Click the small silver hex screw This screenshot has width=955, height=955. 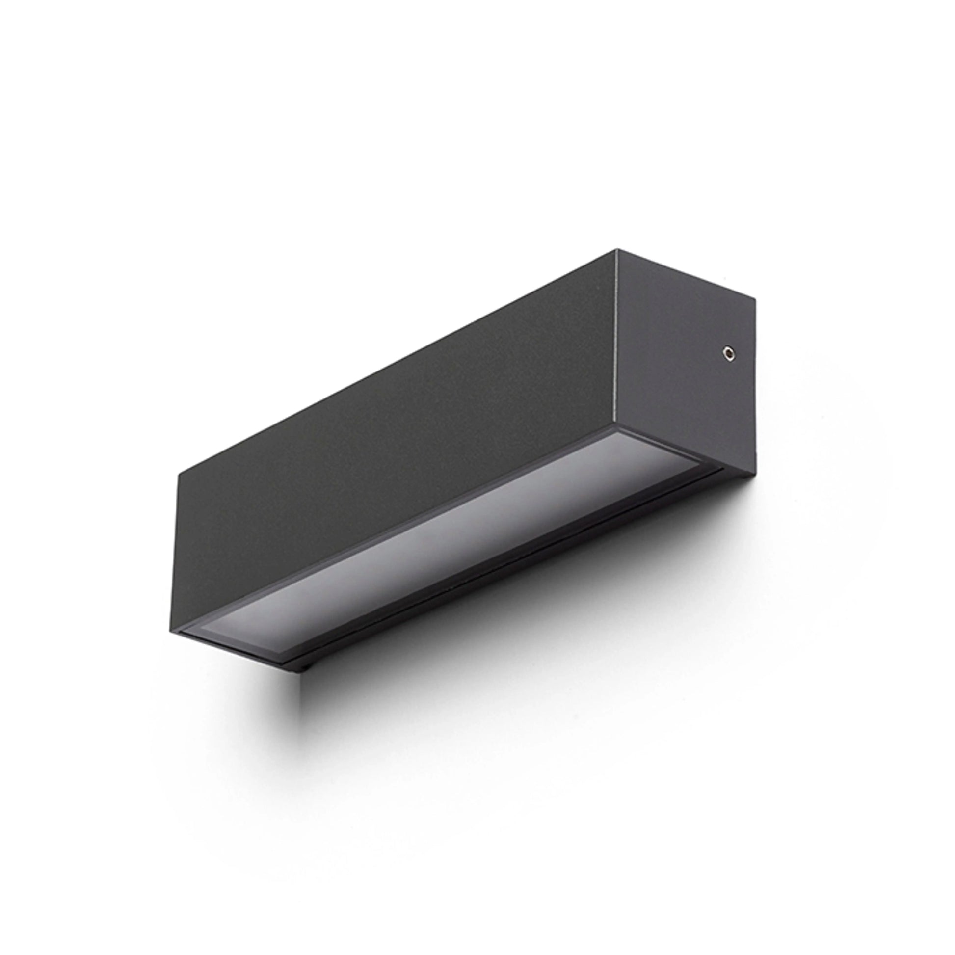(728, 352)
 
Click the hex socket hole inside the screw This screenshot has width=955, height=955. (728, 352)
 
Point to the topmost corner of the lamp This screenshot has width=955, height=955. (616, 250)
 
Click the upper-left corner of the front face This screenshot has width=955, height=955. (178, 475)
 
